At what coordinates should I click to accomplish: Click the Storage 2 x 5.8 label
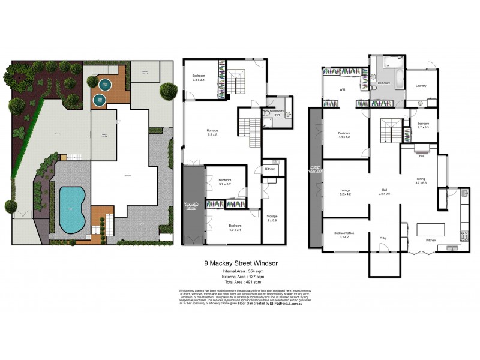(272, 217)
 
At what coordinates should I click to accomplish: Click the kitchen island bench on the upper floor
(430, 230)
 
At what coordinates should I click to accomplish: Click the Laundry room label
(421, 86)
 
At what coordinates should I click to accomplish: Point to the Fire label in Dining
(422, 155)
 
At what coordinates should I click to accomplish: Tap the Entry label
(383, 239)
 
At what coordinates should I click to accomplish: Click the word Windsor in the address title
(265, 263)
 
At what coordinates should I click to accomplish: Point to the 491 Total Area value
(246, 281)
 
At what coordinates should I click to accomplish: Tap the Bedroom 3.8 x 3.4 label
(199, 77)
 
